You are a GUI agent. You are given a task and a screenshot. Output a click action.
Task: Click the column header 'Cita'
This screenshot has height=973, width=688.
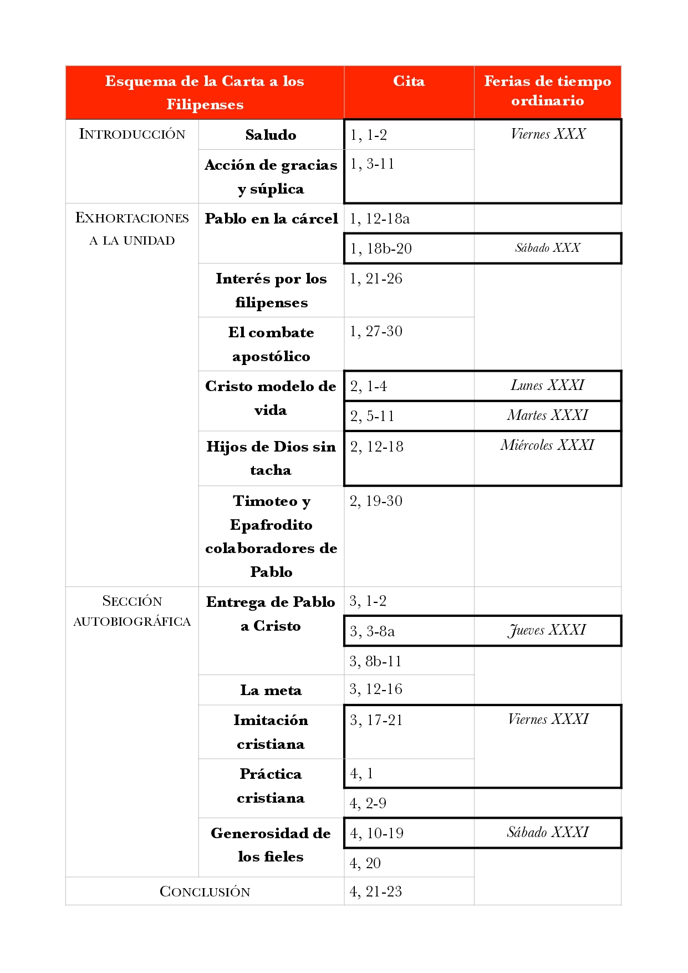click(409, 82)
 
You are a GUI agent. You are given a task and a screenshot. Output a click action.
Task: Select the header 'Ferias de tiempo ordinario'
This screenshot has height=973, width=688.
click(547, 91)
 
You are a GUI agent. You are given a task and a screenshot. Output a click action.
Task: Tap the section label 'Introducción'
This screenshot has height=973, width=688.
click(132, 134)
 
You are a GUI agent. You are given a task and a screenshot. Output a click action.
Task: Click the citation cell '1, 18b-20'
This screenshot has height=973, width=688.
click(381, 249)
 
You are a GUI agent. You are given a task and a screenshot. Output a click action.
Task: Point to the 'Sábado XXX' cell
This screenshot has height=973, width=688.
click(547, 248)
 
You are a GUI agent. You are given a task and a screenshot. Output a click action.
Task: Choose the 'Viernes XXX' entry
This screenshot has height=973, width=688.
click(548, 134)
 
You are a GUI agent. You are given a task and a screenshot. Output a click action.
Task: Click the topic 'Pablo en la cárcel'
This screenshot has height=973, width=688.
click(271, 219)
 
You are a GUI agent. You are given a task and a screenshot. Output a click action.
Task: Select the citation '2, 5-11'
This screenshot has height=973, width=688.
click(372, 416)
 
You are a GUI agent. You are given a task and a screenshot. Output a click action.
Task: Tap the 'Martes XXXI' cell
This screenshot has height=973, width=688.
click(547, 415)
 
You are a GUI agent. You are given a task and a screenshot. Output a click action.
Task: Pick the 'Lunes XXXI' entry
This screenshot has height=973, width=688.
click(547, 386)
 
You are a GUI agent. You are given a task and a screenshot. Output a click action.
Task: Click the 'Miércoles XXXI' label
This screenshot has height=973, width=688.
click(547, 445)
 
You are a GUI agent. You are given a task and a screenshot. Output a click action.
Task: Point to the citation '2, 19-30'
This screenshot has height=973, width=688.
click(376, 501)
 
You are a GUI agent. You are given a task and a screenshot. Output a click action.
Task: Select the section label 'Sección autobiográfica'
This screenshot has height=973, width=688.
click(132, 611)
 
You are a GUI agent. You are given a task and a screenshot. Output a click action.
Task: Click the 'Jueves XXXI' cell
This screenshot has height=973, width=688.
click(547, 631)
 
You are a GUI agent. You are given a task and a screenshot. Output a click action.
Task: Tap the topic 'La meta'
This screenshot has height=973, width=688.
click(271, 690)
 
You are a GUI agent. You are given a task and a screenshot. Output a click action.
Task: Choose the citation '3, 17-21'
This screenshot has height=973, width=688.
click(376, 720)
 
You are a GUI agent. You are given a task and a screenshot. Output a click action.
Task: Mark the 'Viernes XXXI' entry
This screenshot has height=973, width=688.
click(548, 719)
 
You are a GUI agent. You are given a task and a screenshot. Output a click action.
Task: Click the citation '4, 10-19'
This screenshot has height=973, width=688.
click(376, 833)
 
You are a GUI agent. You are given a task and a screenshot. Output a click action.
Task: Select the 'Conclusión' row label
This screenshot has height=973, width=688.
click(205, 891)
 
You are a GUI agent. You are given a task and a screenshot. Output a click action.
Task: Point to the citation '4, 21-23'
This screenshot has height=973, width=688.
click(375, 891)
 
